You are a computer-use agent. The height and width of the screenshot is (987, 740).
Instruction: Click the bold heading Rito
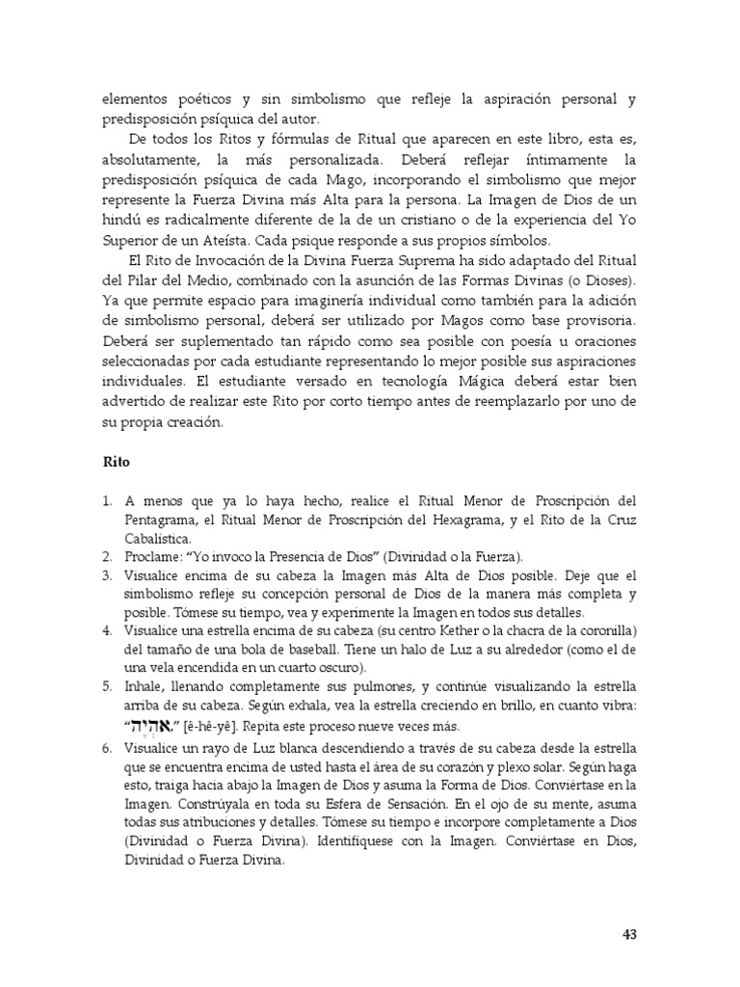[x=116, y=462]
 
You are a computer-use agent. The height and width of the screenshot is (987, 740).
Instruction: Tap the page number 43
[x=629, y=934]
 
